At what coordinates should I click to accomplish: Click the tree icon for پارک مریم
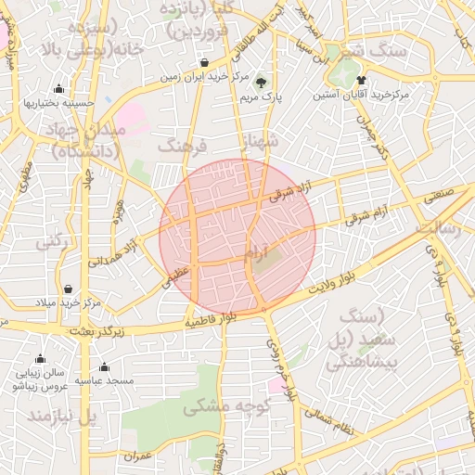(x=260, y=82)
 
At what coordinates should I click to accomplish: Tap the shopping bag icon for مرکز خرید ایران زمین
(x=204, y=63)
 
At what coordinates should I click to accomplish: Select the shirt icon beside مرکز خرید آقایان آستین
(x=361, y=80)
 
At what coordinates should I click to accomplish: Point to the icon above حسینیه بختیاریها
(x=59, y=89)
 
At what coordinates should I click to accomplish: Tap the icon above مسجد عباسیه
(x=104, y=366)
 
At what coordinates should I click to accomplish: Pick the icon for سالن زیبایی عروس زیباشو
(x=40, y=359)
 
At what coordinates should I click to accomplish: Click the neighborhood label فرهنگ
(x=180, y=146)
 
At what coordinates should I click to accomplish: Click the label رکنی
(x=53, y=242)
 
